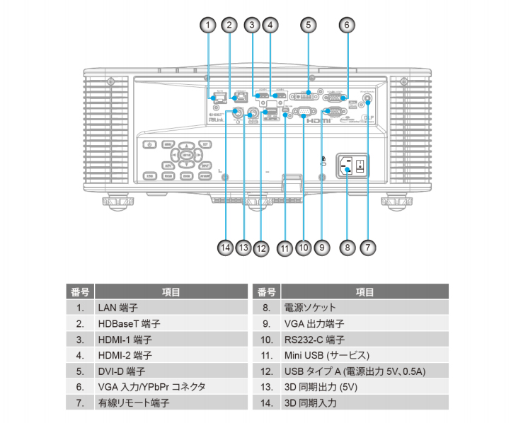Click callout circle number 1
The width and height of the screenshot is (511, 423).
207,25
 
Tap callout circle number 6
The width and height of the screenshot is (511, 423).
346,25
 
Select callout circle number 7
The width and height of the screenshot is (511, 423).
367,248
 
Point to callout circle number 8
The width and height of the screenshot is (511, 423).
346,248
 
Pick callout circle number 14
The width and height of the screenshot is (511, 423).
225,248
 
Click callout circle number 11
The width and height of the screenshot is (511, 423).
285,248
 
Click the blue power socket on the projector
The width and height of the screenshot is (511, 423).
347,168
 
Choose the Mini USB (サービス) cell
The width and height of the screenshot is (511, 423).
326,354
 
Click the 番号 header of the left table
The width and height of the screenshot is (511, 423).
79,291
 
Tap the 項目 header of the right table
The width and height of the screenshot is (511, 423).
364,291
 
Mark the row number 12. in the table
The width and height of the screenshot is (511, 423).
266,370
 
